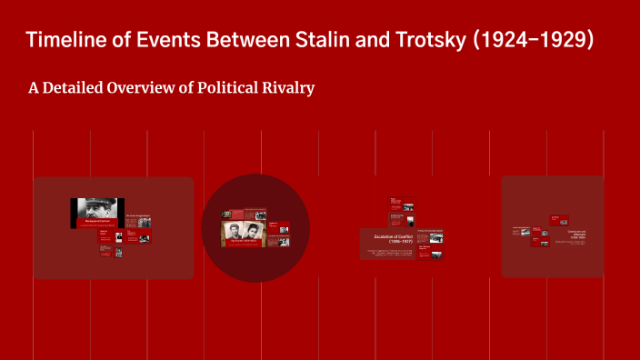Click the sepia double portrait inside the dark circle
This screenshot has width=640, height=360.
(x=242, y=233)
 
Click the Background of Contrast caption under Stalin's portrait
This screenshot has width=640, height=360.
(x=97, y=222)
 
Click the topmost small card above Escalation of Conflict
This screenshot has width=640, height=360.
(x=396, y=203)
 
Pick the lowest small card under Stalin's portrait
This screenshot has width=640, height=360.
(x=118, y=253)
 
